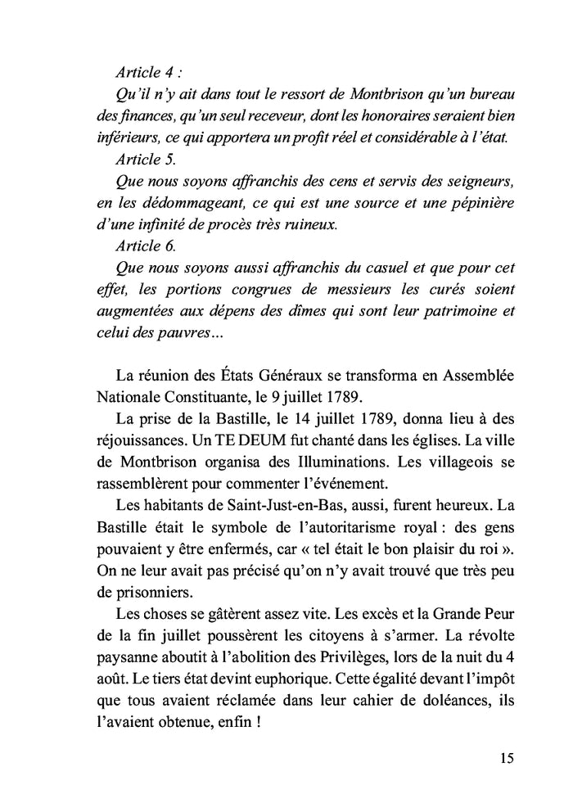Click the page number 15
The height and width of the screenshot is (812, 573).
[x=506, y=757]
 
